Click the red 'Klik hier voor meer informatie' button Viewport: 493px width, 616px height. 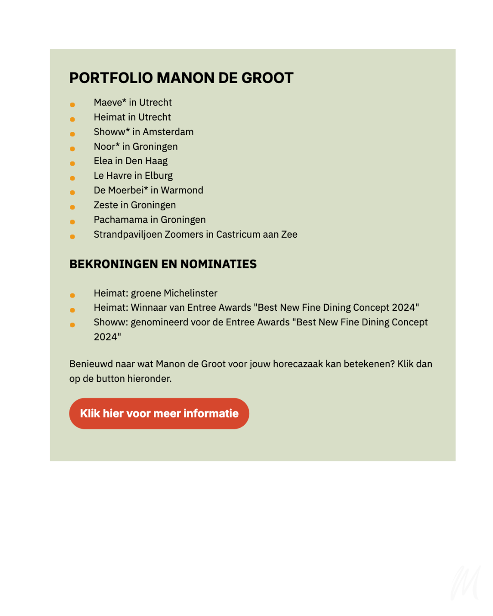[x=159, y=413]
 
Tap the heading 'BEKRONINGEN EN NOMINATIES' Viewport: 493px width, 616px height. [x=163, y=264]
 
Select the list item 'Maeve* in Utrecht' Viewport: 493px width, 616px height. [x=133, y=103]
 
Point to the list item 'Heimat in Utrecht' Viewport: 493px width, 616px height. [x=132, y=117]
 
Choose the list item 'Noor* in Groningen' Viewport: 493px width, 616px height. [x=136, y=146]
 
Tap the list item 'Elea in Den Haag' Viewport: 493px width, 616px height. [x=131, y=161]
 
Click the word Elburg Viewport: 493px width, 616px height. [x=159, y=176]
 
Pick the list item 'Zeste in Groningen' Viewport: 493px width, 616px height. [x=135, y=205]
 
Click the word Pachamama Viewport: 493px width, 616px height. [x=121, y=220]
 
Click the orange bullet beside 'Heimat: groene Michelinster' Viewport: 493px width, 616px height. [x=73, y=296]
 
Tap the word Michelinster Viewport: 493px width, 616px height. [x=190, y=293]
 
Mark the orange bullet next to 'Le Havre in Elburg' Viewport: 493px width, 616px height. [x=73, y=178]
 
